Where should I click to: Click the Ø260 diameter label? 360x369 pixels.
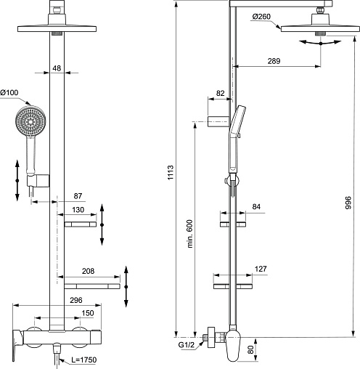click(x=261, y=17)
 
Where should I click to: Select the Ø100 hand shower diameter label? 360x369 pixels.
click(x=9, y=92)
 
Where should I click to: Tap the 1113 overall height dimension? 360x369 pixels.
click(x=171, y=172)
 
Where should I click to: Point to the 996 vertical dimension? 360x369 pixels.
click(x=348, y=203)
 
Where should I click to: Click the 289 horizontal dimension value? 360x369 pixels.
click(x=274, y=61)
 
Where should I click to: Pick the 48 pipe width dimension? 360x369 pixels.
click(x=57, y=68)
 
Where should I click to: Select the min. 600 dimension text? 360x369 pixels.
click(x=190, y=234)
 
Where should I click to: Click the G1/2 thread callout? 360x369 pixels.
click(x=187, y=345)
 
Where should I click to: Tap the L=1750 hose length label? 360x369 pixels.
click(x=83, y=360)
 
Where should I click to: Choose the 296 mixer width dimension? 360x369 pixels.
click(x=76, y=300)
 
